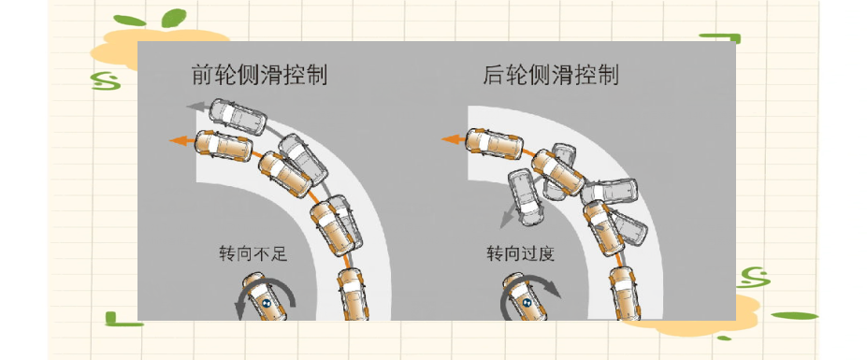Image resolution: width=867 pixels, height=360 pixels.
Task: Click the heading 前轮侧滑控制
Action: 259,75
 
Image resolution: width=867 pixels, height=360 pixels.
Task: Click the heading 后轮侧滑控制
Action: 551,75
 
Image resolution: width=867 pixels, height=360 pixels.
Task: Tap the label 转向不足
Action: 253,254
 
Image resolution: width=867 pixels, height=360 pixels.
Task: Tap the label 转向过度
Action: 520,254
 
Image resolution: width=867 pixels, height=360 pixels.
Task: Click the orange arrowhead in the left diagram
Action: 177,141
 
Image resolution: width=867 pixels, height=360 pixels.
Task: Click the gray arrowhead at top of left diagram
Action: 193,107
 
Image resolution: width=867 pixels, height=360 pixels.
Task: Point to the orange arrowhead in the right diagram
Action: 448,139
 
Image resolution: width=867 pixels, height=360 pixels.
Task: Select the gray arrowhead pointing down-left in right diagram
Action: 505,222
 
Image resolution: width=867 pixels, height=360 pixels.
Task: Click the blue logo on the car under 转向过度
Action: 527,302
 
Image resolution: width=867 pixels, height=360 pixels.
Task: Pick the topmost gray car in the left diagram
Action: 238,117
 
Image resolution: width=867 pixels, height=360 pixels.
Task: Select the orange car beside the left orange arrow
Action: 224,146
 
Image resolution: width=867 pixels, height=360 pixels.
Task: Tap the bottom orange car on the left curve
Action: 354,295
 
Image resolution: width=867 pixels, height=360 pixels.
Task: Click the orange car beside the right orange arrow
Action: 495,143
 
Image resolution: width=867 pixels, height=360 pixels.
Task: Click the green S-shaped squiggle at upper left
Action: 107,80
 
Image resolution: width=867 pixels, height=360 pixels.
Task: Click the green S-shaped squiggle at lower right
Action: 753,278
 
